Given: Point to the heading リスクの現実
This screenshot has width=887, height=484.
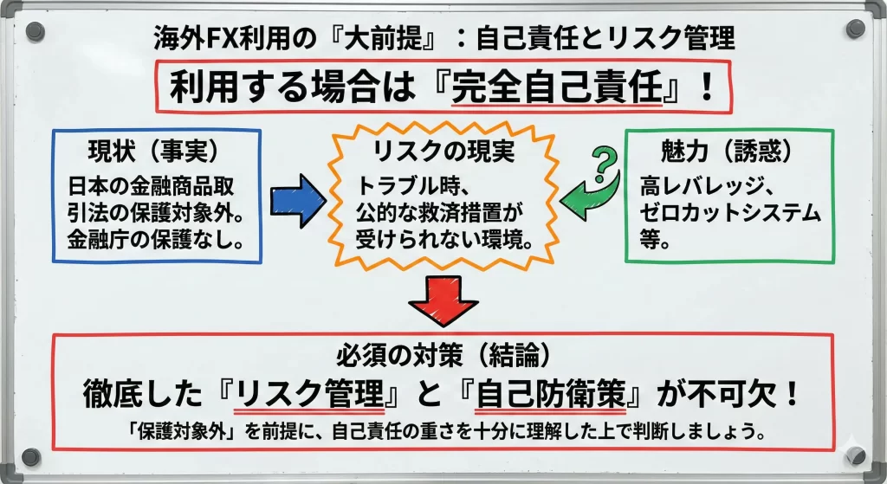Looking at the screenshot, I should point(443,152).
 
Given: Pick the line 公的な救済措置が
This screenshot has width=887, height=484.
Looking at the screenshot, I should point(442,212).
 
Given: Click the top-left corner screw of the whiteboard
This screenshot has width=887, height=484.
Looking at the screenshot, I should point(34,33).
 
